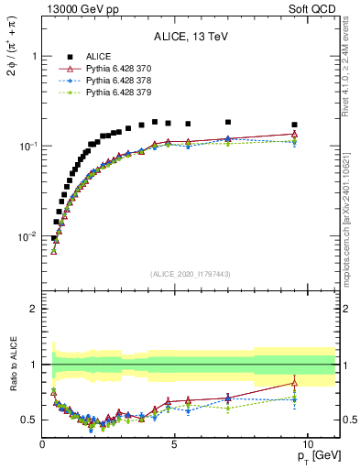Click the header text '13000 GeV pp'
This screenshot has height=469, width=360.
pos(76,9)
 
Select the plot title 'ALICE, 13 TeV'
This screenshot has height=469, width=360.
pos(191,37)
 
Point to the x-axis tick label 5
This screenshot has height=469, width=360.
pos(175,443)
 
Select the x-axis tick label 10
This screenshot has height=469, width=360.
pos(308,443)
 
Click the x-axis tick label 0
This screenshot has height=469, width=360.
pos(43,443)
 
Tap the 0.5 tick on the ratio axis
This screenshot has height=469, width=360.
pos(28,420)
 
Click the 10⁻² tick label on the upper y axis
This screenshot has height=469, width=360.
pos(25,236)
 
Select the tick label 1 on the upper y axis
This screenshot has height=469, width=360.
pos(34,56)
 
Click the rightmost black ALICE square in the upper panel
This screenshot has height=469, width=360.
pos(294,125)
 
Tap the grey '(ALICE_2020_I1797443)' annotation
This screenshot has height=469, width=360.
pos(191,274)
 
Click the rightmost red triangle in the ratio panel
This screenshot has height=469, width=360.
pos(294,382)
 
